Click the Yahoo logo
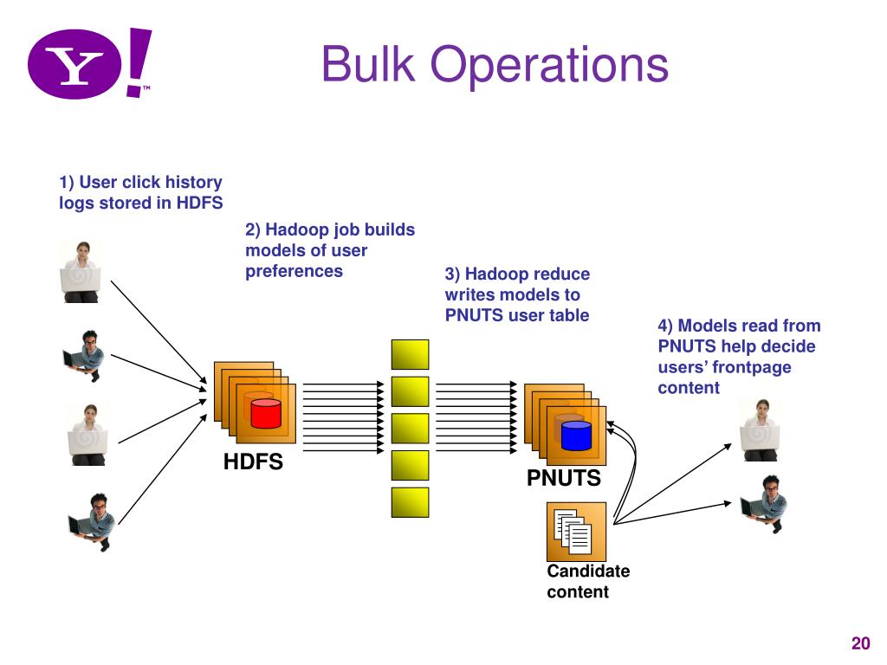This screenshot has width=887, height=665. coord(90,63)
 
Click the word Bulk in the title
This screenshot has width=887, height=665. coord(368,64)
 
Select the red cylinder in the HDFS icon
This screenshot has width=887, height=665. coord(266,413)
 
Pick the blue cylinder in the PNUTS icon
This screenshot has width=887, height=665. coord(576,436)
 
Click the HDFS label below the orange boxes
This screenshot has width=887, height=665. coord(253,462)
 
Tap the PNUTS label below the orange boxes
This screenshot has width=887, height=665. coord(563,478)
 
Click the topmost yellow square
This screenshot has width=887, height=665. coord(410,354)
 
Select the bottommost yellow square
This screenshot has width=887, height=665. coord(410,503)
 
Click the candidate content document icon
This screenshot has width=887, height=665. coord(576,532)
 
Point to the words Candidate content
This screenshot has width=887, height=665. coord(588,581)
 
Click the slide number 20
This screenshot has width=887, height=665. coord(860,643)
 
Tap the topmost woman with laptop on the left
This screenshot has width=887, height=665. coord(81,272)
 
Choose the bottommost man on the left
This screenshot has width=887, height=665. coord(93,522)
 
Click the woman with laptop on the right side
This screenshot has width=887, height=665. coord(761,430)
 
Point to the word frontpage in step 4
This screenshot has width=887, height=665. coord(752,367)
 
